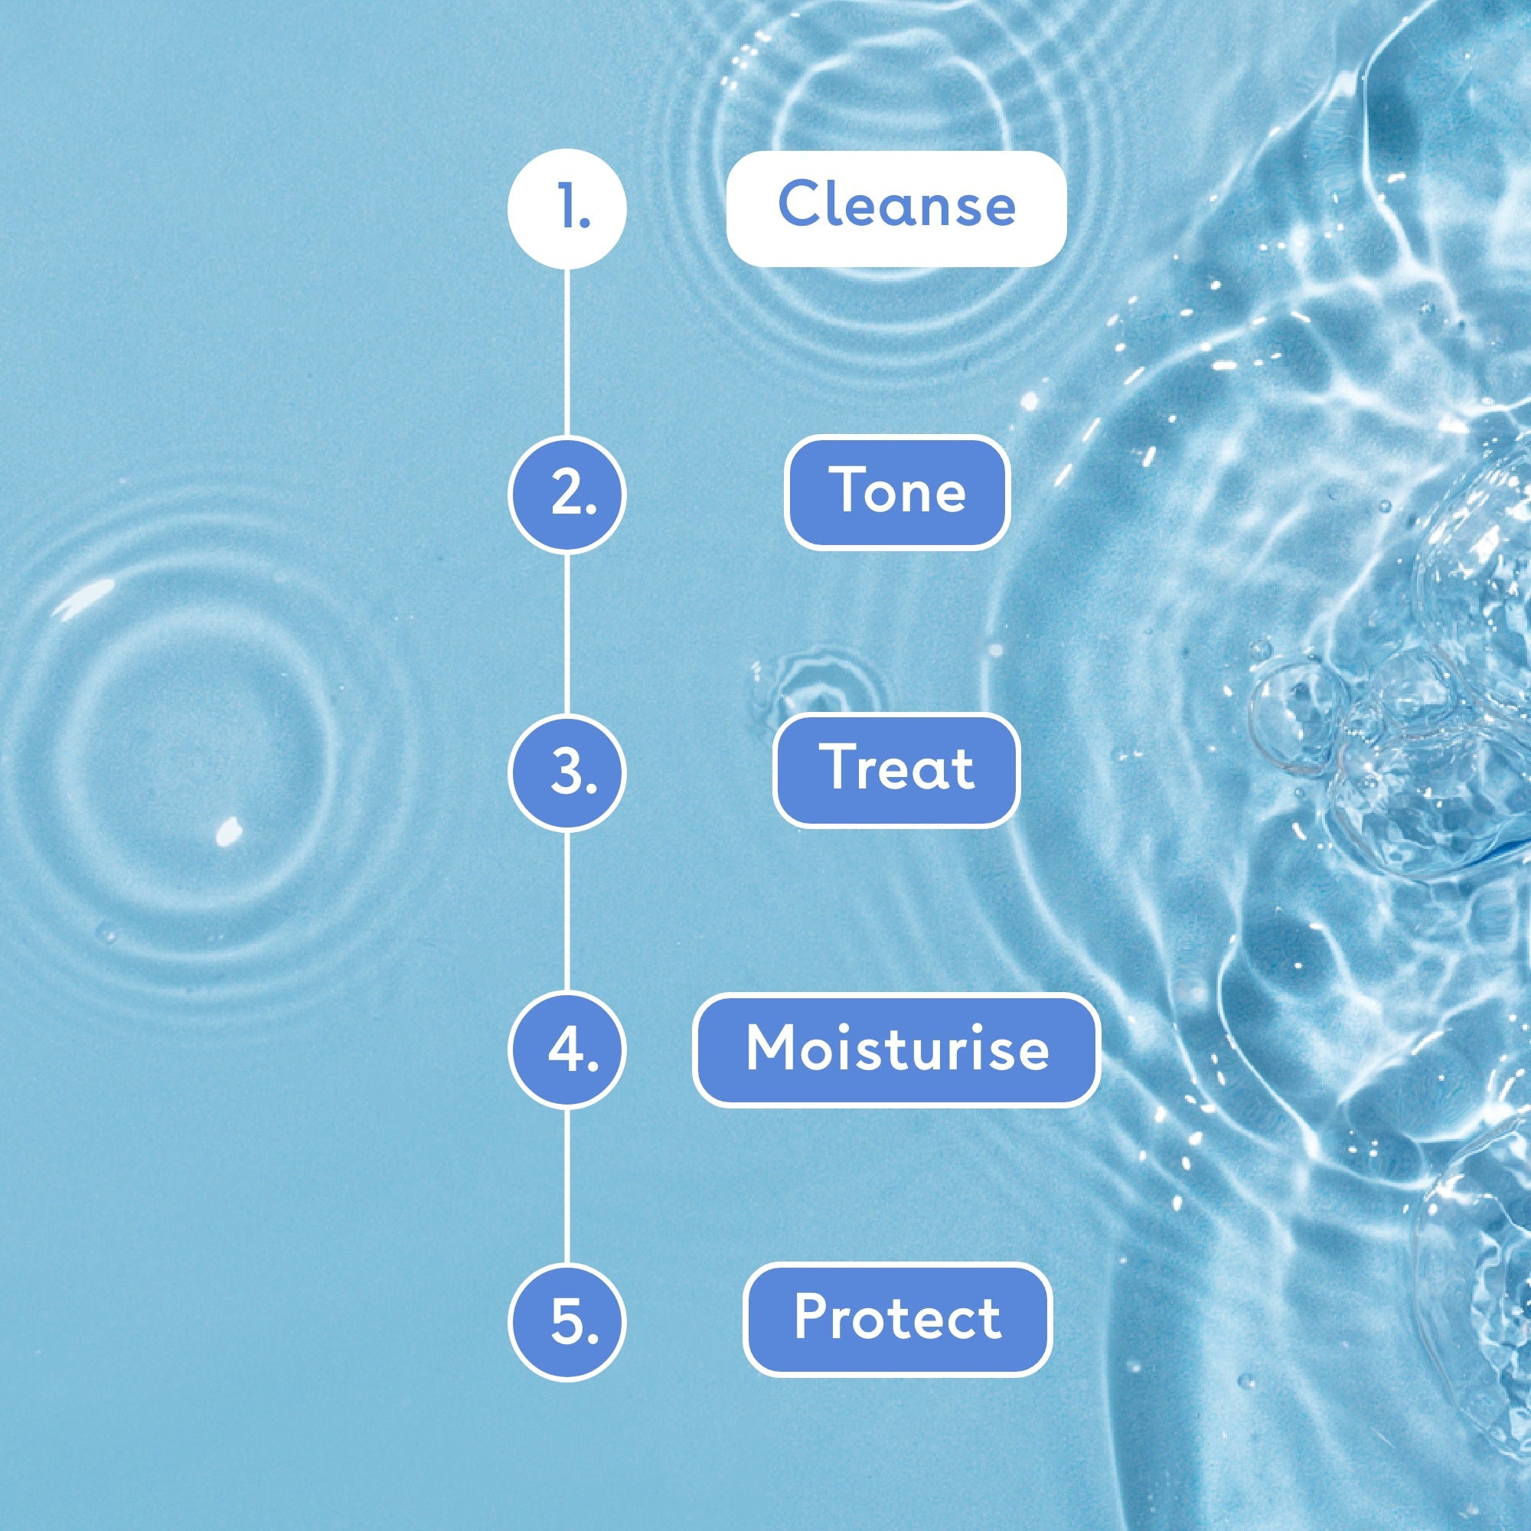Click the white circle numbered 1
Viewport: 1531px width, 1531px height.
click(566, 209)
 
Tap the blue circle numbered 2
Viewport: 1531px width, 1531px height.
click(566, 495)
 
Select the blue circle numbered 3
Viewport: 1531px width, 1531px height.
click(566, 772)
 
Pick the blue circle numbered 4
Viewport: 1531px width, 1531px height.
click(566, 1051)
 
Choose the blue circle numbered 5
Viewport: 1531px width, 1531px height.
click(566, 1321)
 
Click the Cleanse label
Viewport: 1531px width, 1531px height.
click(896, 208)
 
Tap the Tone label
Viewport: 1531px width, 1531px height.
click(896, 493)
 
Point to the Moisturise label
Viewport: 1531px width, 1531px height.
click(896, 1050)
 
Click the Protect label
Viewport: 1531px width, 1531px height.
click(897, 1320)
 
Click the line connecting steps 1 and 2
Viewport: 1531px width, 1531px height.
click(566, 352)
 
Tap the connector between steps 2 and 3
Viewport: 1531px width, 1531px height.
click(566, 634)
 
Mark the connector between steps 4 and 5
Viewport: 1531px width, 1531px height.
click(566, 1187)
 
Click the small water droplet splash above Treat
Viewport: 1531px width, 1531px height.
click(816, 686)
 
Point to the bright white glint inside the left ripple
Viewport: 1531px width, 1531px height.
click(228, 831)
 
